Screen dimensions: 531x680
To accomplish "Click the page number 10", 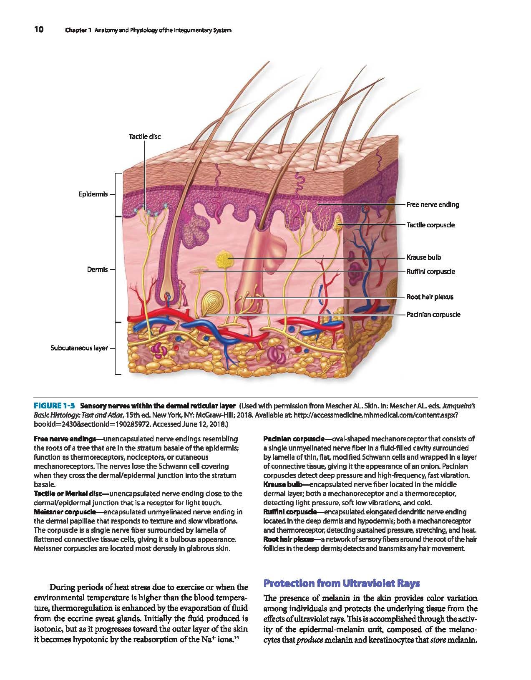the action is tap(39, 30).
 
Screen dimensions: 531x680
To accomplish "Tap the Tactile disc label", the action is tap(145, 136).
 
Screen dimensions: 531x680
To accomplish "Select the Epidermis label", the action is tap(93, 194).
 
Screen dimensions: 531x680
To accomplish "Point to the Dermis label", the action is tap(97, 269).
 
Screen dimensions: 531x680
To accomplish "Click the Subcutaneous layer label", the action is tap(79, 348).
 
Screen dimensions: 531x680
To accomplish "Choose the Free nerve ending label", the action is tap(433, 205).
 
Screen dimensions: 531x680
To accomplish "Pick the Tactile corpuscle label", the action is tap(430, 225).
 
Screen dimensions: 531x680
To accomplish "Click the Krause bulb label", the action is tap(424, 257).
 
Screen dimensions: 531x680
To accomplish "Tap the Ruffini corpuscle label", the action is tap(430, 271).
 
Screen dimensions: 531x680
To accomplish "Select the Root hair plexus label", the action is tap(430, 297).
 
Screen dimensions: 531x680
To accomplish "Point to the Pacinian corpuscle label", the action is tap(433, 315).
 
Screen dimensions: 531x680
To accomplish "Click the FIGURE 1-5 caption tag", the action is tap(54, 406).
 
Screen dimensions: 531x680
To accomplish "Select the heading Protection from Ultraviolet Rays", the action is tap(342, 583).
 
